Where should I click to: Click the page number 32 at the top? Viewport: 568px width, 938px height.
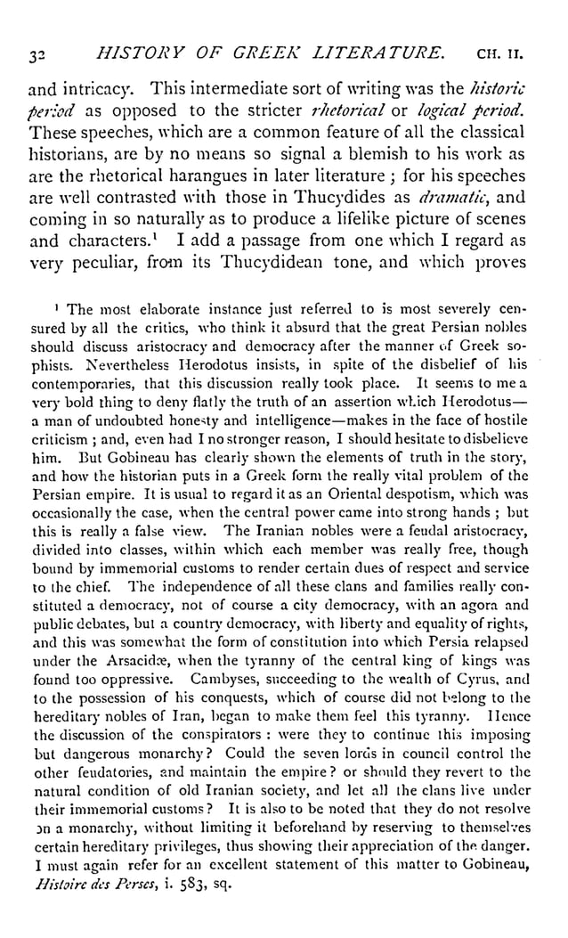click(x=36, y=54)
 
